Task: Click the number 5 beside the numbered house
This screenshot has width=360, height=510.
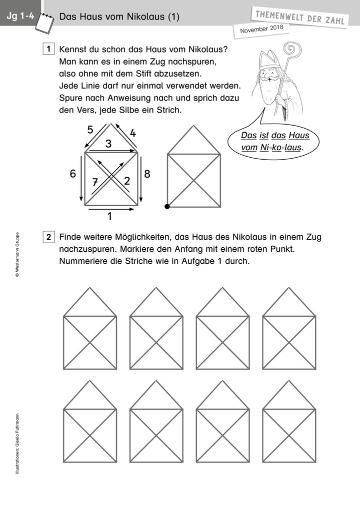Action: pyautogui.click(x=90, y=130)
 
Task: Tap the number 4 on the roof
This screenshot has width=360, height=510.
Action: pyautogui.click(x=132, y=133)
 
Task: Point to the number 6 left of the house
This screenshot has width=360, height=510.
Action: pyautogui.click(x=73, y=174)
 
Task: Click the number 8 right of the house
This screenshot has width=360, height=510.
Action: pyautogui.click(x=146, y=174)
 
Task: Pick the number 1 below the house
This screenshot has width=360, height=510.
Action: pyautogui.click(x=109, y=217)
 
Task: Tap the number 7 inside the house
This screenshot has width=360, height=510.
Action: pyautogui.click(x=95, y=182)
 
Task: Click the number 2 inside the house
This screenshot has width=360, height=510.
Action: pyautogui.click(x=126, y=181)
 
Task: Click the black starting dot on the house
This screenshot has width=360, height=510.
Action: pyautogui.click(x=167, y=206)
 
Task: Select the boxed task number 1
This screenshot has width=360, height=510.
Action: pyautogui.click(x=48, y=50)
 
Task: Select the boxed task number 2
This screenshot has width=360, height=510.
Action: pyautogui.click(x=48, y=237)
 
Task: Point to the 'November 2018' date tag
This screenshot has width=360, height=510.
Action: pyautogui.click(x=261, y=30)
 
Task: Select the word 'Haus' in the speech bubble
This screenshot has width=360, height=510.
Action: pyautogui.click(x=298, y=135)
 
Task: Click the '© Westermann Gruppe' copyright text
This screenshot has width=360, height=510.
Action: pyautogui.click(x=17, y=254)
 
